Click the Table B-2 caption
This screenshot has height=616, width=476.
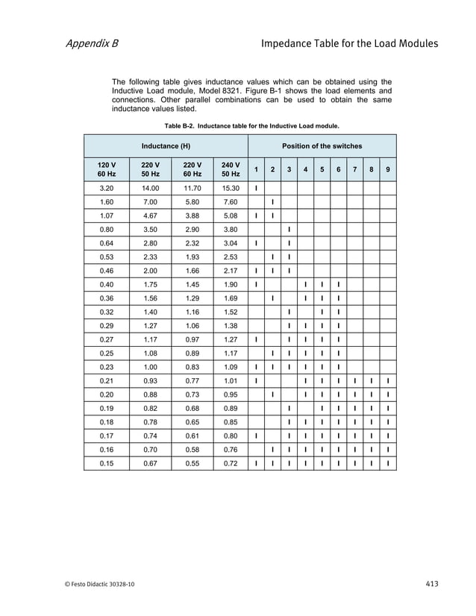coord(246,125)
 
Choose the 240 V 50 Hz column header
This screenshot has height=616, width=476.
coord(230,169)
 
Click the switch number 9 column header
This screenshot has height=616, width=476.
coord(388,169)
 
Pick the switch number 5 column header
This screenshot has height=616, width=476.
coord(322,169)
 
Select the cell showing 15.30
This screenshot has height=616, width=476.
coord(230,189)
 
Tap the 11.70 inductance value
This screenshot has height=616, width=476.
coord(192,189)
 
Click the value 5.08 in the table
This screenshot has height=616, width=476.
coord(230,216)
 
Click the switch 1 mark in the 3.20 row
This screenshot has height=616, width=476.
coord(256,189)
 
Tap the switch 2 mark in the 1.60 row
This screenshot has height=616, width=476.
coord(272,202)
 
